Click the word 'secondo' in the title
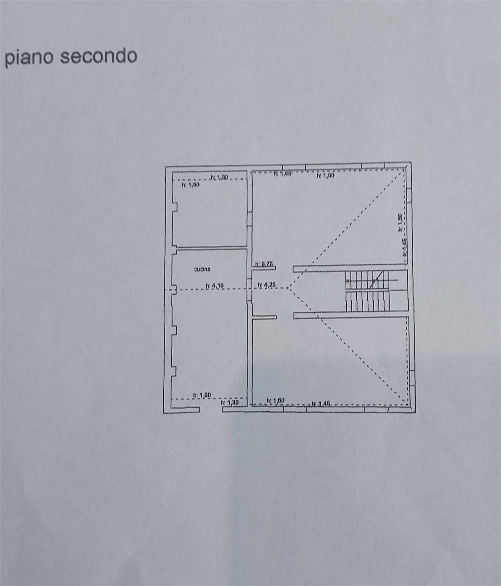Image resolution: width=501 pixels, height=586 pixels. [99, 56]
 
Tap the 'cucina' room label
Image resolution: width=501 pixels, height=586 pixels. [203, 270]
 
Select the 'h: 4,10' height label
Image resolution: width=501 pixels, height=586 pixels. [214, 286]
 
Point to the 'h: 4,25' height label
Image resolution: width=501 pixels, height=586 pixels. [266, 286]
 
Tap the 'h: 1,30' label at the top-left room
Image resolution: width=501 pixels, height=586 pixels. [219, 178]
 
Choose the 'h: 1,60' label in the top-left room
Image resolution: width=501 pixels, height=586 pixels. [189, 185]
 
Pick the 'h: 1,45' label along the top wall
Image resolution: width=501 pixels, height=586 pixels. [282, 174]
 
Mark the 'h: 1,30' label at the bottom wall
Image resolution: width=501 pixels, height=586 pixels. [230, 403]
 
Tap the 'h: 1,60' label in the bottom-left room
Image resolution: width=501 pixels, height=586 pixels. [202, 395]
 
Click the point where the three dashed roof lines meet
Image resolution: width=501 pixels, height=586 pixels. [289, 288]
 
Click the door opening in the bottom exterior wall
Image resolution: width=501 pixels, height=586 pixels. [211, 409]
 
